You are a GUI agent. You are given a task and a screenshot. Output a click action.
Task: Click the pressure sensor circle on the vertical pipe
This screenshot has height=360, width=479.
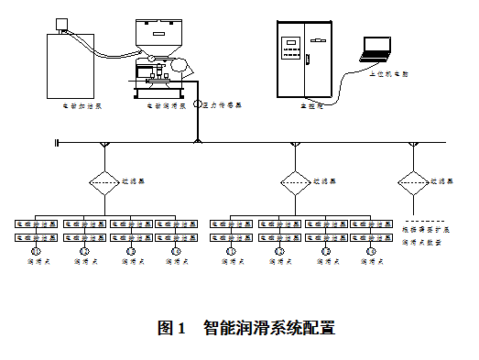click(x=197, y=104)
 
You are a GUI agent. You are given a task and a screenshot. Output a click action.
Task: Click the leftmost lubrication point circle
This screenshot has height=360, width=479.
click(x=37, y=251)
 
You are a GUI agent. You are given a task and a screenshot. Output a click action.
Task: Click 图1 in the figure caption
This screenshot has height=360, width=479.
click(x=172, y=327)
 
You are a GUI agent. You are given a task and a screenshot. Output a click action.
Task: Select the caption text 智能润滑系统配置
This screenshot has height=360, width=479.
click(x=269, y=327)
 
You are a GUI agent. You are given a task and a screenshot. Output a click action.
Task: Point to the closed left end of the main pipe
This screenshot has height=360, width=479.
click(x=57, y=143)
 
